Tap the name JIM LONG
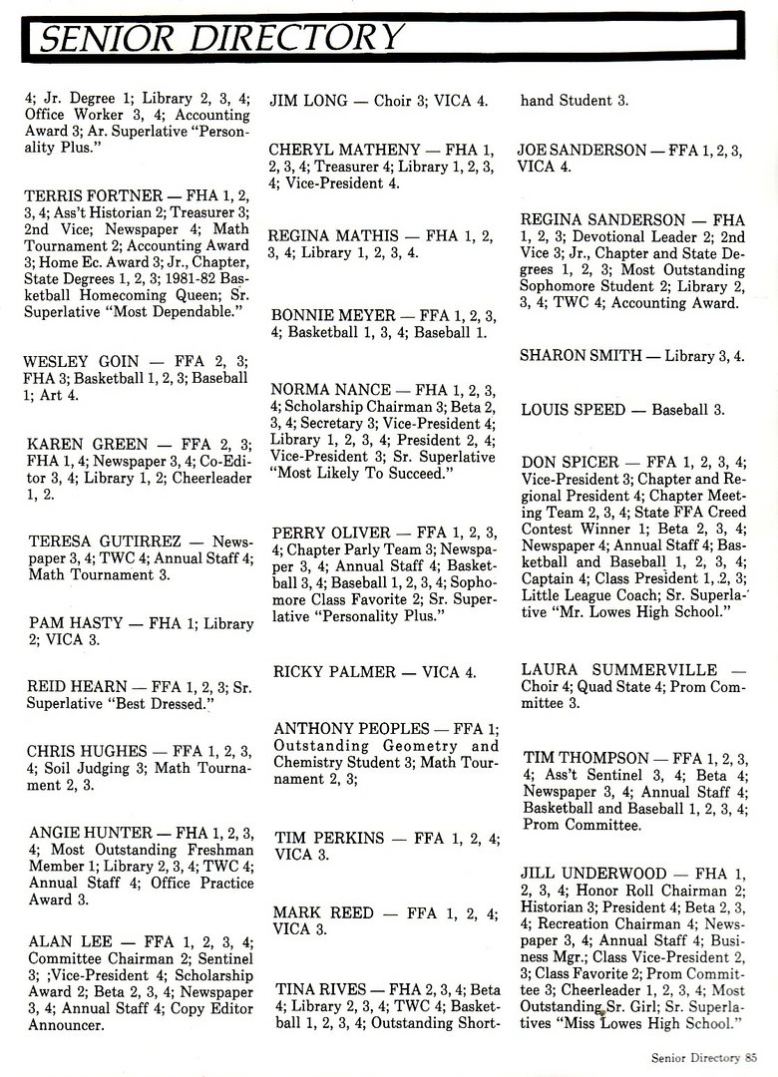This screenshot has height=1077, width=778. [x=309, y=101]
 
